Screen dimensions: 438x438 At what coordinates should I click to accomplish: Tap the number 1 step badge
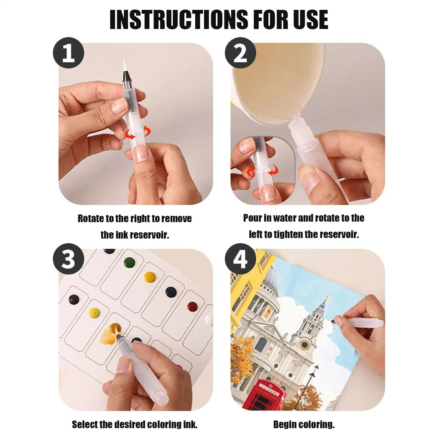pyautogui.click(x=68, y=53)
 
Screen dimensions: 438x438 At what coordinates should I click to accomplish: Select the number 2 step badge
pyautogui.click(x=240, y=53)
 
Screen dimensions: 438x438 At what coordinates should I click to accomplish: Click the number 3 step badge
pyautogui.click(x=68, y=259)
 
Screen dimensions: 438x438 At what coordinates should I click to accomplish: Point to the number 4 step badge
pyautogui.click(x=240, y=259)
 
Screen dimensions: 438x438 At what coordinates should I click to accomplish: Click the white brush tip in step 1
pyautogui.click(x=125, y=66)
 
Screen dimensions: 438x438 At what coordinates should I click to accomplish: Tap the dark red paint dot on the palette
pyautogui.click(x=192, y=306)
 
